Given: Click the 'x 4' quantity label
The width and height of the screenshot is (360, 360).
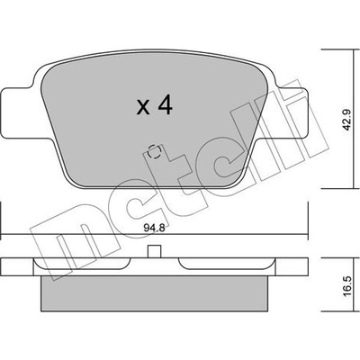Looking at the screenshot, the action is click(154, 105).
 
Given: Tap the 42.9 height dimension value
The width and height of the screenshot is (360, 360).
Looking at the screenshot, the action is click(347, 120).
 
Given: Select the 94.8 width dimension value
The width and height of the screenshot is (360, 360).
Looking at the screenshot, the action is click(154, 229).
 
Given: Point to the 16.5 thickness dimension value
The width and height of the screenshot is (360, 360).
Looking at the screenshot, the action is click(347, 287).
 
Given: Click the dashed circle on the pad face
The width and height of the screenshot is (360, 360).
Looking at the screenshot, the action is click(155, 152).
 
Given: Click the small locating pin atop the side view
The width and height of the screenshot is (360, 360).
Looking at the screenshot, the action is click(155, 251).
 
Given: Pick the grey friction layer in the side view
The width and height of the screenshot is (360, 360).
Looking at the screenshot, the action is click(154, 293).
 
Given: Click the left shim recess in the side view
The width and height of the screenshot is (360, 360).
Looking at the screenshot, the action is click(82, 264).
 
